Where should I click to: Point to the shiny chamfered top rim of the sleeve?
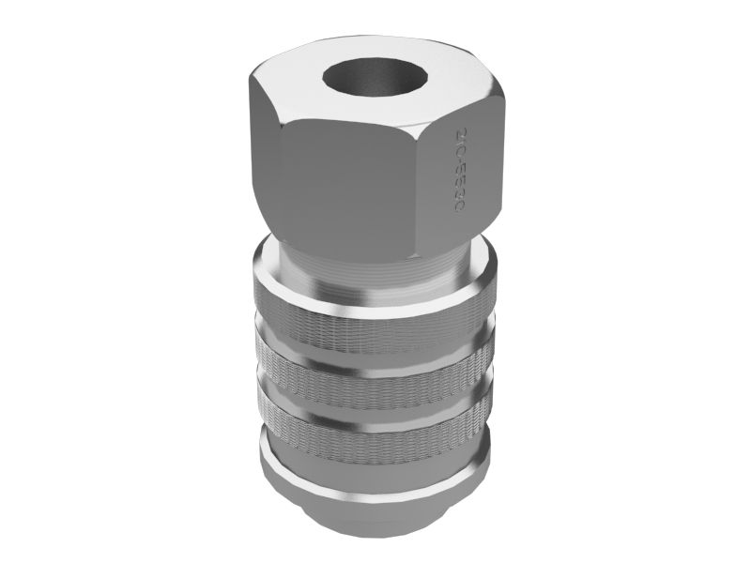[x=375, y=298]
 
